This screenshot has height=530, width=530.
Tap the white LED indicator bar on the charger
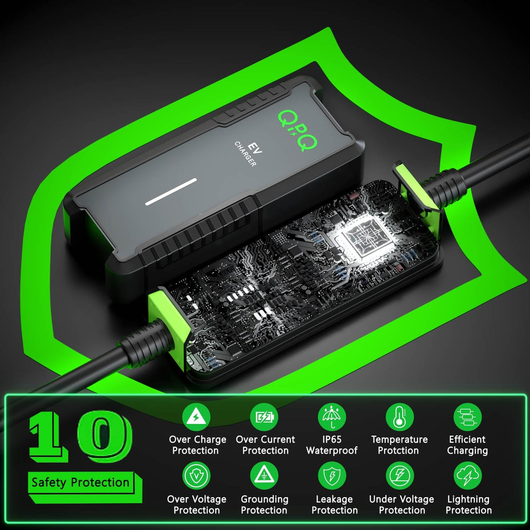point(171,191)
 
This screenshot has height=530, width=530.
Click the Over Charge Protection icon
point(196,417)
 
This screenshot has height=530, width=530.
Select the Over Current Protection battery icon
point(264,417)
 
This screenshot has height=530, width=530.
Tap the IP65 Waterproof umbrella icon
point(332,417)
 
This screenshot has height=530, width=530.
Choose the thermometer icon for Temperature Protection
point(399,417)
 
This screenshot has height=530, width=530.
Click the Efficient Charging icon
point(468,417)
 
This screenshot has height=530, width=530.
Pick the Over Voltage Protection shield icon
point(196,476)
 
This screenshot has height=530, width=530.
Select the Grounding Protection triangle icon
point(264,476)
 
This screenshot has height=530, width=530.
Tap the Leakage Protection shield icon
point(332,476)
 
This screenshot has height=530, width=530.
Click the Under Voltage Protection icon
point(399,476)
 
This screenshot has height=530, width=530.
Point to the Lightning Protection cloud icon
point(468,476)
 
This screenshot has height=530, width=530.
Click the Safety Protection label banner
point(81,483)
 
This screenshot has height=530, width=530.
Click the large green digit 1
point(47,437)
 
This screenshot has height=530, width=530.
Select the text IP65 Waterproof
point(332,445)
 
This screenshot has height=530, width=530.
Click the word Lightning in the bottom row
point(468,499)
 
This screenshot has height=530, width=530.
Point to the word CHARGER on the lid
point(245,154)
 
